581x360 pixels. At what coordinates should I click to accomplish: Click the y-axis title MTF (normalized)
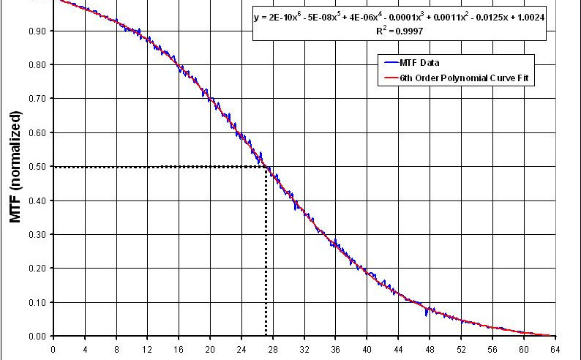tap(15, 167)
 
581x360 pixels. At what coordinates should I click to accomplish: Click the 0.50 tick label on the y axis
tap(38, 167)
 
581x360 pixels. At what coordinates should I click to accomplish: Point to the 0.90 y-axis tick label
tap(38, 31)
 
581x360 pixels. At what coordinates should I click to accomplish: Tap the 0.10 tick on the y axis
tap(38, 302)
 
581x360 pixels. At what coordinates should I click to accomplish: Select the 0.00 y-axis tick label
tap(38, 336)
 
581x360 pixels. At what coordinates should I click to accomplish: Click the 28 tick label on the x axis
tap(273, 348)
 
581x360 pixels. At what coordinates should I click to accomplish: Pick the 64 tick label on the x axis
tap(555, 348)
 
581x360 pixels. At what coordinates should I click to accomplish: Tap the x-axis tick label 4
tap(85, 348)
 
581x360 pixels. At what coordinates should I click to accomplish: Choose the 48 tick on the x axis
tap(430, 348)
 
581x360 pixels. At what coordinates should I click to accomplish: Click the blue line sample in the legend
tap(386, 62)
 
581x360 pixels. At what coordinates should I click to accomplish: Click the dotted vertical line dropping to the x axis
tap(266, 256)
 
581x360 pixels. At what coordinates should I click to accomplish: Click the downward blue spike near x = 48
tap(426, 314)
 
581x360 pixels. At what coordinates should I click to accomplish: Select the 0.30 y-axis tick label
tap(38, 234)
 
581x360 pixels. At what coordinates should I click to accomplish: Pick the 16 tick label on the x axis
tap(179, 348)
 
